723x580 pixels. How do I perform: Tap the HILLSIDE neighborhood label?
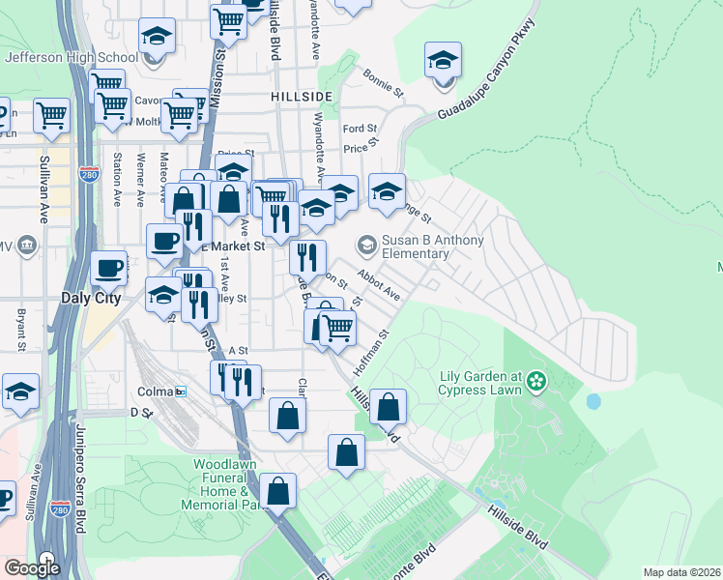pos(302,97)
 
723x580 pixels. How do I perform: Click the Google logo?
pos(32,568)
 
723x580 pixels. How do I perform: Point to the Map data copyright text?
pos(682,572)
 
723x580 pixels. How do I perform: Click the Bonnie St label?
pos(383,83)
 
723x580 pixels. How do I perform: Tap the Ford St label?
pos(359,129)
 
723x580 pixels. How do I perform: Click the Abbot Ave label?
pos(378,285)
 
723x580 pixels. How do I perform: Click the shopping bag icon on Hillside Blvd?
pos(388,409)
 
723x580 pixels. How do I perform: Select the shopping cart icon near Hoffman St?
pos(337,330)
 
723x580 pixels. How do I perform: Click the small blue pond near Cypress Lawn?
pos(593,400)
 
